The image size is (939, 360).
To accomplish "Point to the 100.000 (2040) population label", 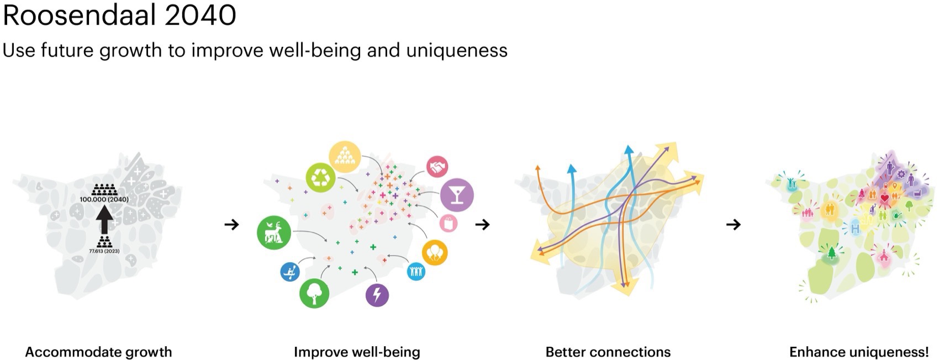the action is point(104,199).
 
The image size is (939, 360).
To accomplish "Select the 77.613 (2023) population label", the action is point(104,251).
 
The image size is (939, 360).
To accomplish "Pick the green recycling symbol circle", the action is point(321,178).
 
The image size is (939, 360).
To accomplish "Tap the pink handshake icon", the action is point(437,167).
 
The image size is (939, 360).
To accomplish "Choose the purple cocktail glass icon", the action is point(457,195).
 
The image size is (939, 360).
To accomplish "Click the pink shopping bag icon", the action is point(448,223).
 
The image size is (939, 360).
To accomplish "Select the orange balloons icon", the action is point(435,253).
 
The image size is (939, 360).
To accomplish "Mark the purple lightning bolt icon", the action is point(377,295).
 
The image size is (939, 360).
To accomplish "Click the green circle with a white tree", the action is point(314,293).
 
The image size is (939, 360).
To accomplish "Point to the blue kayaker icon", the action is point(289,272).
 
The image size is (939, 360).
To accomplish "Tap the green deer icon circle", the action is point(274,232).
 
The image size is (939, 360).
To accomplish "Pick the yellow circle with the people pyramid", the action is point(345,157).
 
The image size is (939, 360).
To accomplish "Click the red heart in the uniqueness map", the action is point(884,198).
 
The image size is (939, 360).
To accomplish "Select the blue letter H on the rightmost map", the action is point(855,229).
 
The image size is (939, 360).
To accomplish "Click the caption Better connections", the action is point(608,352).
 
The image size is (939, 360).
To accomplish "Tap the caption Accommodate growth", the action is point(98,352).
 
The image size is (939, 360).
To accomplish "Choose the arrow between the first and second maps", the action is point(231,225).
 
